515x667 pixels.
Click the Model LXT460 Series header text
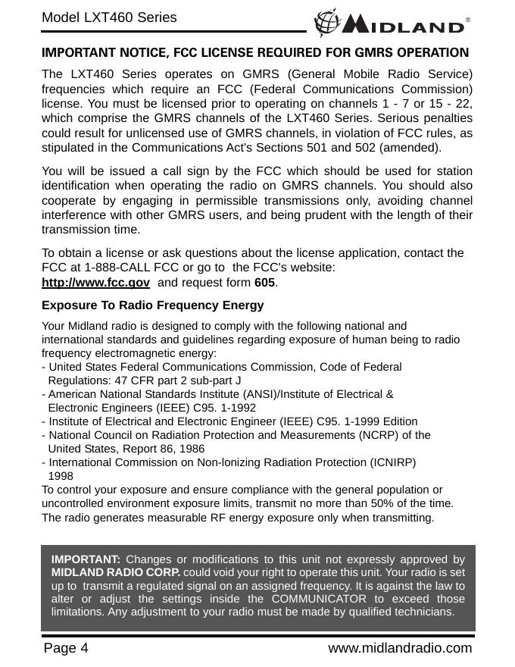[x=109, y=17]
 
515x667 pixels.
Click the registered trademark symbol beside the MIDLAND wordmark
[x=468, y=20]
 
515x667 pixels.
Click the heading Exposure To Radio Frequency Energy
[x=152, y=305]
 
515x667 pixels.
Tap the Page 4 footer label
[x=66, y=648]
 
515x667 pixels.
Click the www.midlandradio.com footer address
[x=400, y=648]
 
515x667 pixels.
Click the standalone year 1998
[x=61, y=476]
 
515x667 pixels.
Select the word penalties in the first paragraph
[x=442, y=119]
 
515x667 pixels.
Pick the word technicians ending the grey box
[x=420, y=612]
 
